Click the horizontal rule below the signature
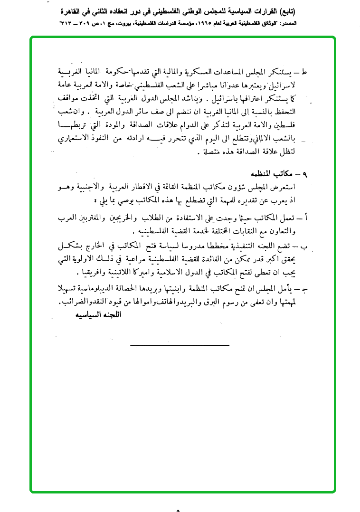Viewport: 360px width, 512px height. coord(180,345)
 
